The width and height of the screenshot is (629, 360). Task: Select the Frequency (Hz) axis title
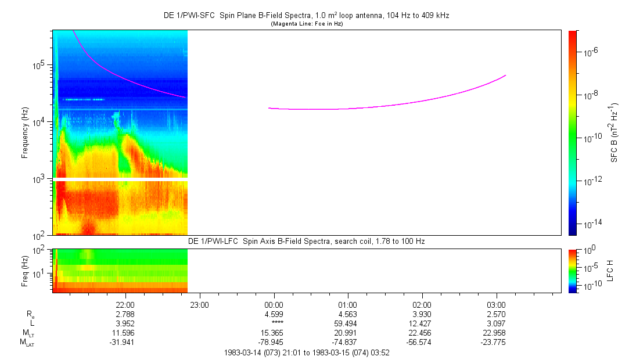point(26,133)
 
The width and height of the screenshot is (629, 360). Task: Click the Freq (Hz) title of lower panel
point(26,270)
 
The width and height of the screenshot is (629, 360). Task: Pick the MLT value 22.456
point(422,332)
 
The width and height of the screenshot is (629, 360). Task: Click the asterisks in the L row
point(274,323)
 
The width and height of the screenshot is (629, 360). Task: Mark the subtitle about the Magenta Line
point(306,24)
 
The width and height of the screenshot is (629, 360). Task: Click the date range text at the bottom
point(306,352)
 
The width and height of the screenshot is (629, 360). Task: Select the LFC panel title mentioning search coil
point(306,240)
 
